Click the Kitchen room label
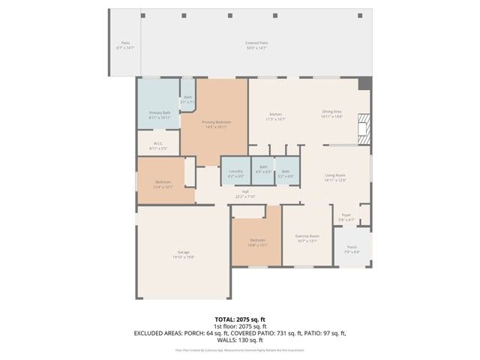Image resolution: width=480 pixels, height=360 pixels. pyautogui.click(x=275, y=115)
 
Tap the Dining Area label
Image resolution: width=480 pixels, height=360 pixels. pyautogui.click(x=331, y=114)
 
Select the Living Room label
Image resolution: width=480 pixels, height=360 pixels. pyautogui.click(x=334, y=177)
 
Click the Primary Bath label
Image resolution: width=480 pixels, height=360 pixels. pyautogui.click(x=159, y=115)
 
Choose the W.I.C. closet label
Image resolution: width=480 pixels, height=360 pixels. pyautogui.click(x=158, y=145)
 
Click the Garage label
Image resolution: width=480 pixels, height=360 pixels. pyautogui.click(x=183, y=253)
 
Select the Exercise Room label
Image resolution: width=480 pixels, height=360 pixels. pyautogui.click(x=307, y=238)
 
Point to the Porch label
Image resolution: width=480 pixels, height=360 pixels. pyautogui.click(x=351, y=249)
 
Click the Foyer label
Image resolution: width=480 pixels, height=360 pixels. pyautogui.click(x=346, y=217)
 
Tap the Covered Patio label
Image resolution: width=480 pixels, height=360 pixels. pyautogui.click(x=256, y=44)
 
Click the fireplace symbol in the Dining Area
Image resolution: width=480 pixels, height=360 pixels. pyautogui.click(x=364, y=127)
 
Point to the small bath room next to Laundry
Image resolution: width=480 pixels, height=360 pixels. pyautogui.click(x=263, y=171)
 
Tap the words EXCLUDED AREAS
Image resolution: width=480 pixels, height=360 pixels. pyautogui.click(x=159, y=332)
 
